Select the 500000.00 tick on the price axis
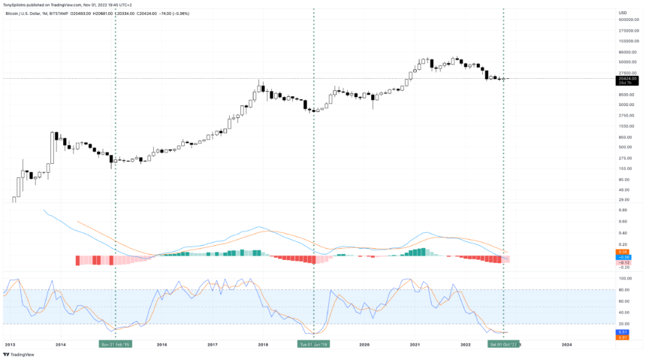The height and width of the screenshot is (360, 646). click(628, 20)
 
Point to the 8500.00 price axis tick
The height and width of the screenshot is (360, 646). click(626, 95)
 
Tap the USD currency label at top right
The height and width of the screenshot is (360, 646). click(622, 12)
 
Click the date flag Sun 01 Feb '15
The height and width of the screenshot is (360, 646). click(116, 344)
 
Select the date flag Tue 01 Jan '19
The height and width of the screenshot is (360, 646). click(312, 344)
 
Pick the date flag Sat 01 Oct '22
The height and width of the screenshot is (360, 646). click(503, 344)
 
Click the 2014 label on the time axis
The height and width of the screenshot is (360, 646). click(61, 344)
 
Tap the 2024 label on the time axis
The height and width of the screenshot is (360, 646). click(566, 344)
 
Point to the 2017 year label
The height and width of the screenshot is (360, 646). click(213, 344)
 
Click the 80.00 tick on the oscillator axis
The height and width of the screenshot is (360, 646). click(624, 289)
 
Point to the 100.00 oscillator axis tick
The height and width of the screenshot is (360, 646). click(625, 278)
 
